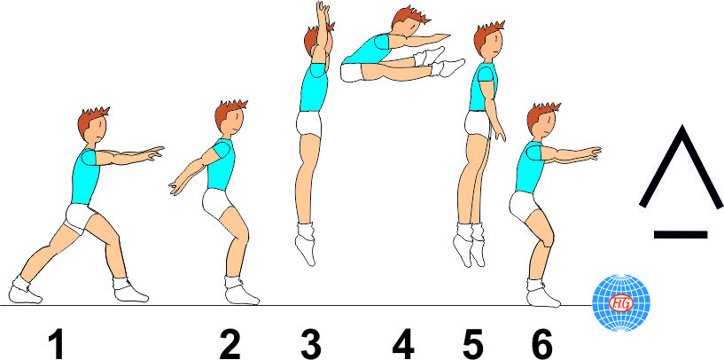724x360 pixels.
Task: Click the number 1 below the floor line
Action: coord(57,344)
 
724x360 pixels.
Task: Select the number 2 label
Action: coord(230,344)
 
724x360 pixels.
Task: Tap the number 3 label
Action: coord(311,344)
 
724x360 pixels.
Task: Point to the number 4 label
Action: coord(404,344)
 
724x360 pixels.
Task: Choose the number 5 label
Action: coord(473,344)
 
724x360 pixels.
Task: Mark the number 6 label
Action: coord(541,344)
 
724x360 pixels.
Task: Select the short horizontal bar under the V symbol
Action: coord(681,234)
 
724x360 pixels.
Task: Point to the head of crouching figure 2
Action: coord(229,119)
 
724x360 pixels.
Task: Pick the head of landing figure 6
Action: coord(541,122)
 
